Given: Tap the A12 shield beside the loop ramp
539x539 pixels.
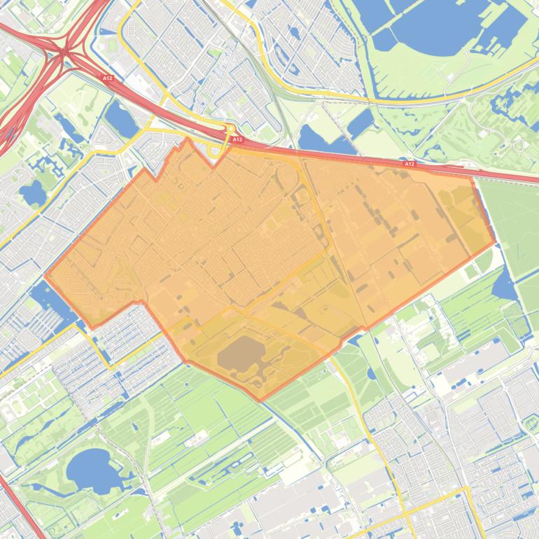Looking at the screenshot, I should [x=237, y=139].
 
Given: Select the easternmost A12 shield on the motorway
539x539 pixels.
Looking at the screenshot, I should [x=409, y=164].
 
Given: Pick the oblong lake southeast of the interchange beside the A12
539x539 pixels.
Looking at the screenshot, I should [x=121, y=119].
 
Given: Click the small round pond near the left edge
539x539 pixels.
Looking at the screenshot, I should [x=33, y=192].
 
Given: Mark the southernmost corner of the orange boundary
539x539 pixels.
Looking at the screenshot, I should [x=260, y=400].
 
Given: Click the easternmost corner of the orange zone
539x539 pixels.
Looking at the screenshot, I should [x=494, y=242].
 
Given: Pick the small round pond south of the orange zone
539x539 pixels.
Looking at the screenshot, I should [x=370, y=372].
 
